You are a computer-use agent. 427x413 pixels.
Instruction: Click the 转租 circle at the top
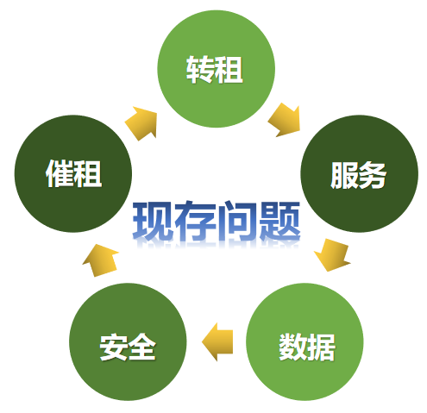(x=216, y=69)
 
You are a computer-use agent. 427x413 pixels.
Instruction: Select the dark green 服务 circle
(x=359, y=173)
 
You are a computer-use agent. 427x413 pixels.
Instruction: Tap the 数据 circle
(x=305, y=341)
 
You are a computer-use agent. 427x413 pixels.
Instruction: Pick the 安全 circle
(x=128, y=341)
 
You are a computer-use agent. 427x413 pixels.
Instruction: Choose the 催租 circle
(x=73, y=173)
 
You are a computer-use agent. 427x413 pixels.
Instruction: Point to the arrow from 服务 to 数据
(x=333, y=255)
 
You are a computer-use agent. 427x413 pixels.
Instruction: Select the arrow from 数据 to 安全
(x=217, y=341)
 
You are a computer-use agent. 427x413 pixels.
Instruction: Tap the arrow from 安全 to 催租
(x=100, y=260)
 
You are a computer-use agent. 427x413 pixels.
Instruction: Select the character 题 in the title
(x=279, y=222)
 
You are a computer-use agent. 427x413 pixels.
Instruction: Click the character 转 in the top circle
(x=200, y=69)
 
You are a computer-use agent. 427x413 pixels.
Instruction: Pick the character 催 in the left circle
(x=60, y=173)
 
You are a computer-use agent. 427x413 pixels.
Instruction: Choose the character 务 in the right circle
(x=372, y=175)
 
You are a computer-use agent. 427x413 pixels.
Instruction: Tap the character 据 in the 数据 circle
(x=321, y=347)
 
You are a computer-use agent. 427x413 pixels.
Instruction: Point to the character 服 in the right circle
(x=344, y=175)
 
